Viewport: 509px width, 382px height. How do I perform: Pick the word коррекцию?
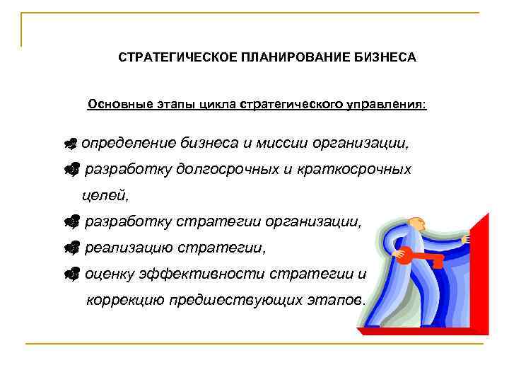(125, 300)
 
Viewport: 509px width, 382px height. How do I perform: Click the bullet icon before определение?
(69, 144)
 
